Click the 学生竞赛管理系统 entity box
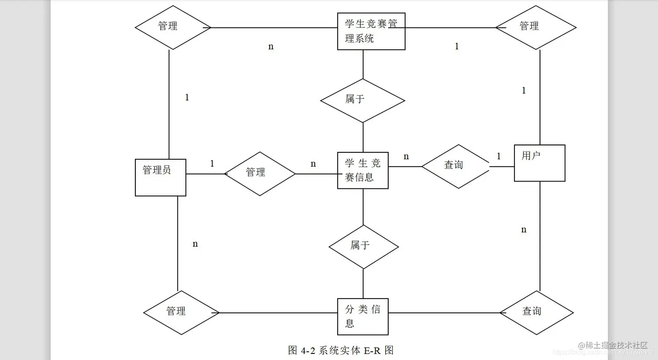(x=371, y=31)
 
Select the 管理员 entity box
(x=161, y=178)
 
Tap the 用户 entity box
(x=540, y=163)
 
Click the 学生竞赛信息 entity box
(x=363, y=171)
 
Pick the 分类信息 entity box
(x=363, y=316)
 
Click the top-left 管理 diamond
(x=173, y=27)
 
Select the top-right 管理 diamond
(x=536, y=27)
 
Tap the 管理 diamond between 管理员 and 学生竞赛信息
(x=260, y=174)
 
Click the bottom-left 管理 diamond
(x=181, y=313)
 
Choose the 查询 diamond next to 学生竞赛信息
(x=456, y=166)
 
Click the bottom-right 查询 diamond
(x=536, y=313)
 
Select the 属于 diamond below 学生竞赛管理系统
(x=363, y=101)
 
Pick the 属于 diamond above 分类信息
(x=363, y=247)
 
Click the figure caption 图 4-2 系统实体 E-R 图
(x=341, y=350)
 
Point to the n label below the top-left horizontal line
(x=271, y=47)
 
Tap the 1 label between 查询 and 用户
(x=499, y=156)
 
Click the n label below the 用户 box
(x=524, y=230)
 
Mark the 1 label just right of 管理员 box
(x=212, y=164)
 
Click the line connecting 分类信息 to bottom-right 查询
(x=444, y=313)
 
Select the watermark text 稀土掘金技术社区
(x=616, y=345)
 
